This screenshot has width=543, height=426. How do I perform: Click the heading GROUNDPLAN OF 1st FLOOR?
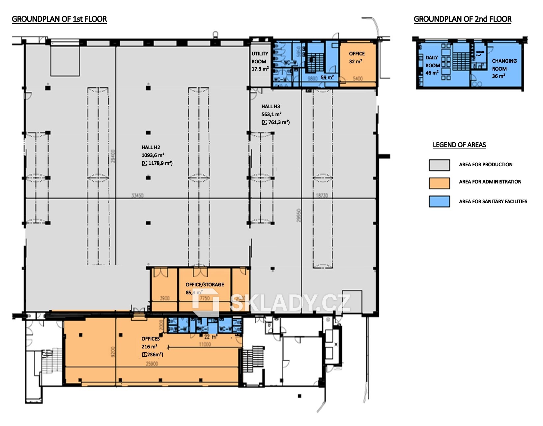pyautogui.click(x=59, y=19)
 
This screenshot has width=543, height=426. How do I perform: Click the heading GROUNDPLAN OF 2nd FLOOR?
pyautogui.click(x=462, y=19)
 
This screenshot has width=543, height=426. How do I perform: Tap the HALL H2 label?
pyautogui.click(x=151, y=147)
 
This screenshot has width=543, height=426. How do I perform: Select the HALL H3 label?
pyautogui.click(x=271, y=107)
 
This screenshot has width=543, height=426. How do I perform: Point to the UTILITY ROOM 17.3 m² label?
pyautogui.click(x=260, y=61)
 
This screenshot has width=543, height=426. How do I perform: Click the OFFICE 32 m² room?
pyautogui.click(x=357, y=58)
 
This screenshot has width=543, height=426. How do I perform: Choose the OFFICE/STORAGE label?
pyautogui.click(x=205, y=284)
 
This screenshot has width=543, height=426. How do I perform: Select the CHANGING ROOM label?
pyautogui.click(x=504, y=65)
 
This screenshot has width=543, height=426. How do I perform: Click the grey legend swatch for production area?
pyautogui.click(x=439, y=165)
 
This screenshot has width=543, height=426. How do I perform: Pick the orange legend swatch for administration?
pyautogui.click(x=439, y=183)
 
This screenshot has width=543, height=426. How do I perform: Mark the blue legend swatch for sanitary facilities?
pyautogui.click(x=439, y=201)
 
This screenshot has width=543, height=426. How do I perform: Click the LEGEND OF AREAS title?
pyautogui.click(x=459, y=145)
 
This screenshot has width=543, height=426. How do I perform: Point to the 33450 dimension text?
pyautogui.click(x=137, y=195)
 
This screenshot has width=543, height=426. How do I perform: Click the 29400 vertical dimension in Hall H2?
pyautogui.click(x=113, y=156)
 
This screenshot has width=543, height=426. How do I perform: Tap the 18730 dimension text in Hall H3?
pyautogui.click(x=322, y=195)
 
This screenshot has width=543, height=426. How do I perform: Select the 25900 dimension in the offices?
pyautogui.click(x=152, y=364)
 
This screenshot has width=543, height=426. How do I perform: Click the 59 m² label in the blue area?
pyautogui.click(x=327, y=78)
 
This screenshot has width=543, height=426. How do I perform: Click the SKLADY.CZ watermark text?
pyautogui.click(x=290, y=303)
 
